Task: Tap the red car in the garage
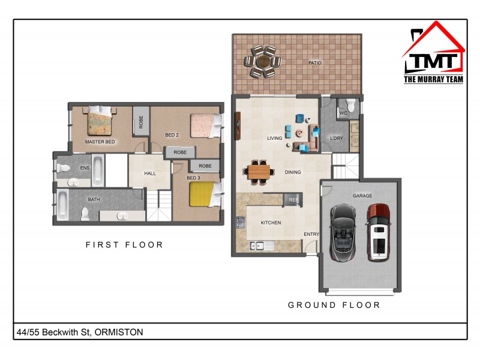(x=379, y=232)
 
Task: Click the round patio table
(x=263, y=61)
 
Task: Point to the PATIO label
(x=315, y=62)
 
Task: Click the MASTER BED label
(x=100, y=142)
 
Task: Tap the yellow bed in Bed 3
(x=203, y=194)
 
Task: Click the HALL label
(x=150, y=173)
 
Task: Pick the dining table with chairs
(x=260, y=172)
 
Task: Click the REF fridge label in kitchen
(x=293, y=200)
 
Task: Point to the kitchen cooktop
(x=241, y=223)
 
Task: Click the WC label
(x=343, y=113)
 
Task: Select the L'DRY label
(x=337, y=139)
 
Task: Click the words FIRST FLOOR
(x=124, y=245)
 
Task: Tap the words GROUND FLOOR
(x=334, y=305)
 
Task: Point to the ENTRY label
(x=311, y=234)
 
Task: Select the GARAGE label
(x=362, y=196)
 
